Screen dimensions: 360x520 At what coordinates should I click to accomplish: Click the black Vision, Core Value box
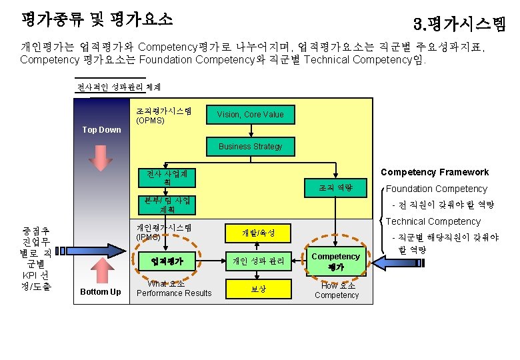click(250, 115)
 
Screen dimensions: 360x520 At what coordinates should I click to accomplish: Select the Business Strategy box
click(250, 147)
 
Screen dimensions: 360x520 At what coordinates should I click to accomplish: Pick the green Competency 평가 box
click(335, 261)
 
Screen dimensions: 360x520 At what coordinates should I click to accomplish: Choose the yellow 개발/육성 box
click(258, 233)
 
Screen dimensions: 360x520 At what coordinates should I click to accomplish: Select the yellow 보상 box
click(258, 289)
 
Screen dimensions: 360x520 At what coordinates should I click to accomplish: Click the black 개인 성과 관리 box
click(258, 261)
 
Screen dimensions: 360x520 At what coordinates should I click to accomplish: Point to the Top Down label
click(101, 130)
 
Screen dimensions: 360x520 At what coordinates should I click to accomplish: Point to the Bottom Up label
click(101, 292)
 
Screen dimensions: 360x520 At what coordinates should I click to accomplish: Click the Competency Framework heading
click(434, 172)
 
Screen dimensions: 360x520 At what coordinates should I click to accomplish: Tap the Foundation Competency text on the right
click(437, 189)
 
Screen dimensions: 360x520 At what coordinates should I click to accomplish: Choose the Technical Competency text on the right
click(433, 221)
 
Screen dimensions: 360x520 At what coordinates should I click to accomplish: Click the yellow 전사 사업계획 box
click(167, 178)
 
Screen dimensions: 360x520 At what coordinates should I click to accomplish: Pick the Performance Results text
click(174, 293)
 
